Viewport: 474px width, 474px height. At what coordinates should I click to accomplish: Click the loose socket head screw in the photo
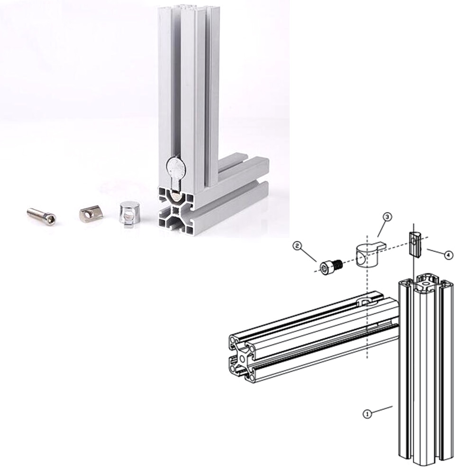(41, 216)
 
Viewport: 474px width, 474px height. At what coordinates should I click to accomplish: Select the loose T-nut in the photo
(91, 214)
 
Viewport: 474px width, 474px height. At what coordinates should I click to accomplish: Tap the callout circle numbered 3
(387, 217)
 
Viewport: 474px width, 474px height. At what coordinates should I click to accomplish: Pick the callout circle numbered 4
(448, 255)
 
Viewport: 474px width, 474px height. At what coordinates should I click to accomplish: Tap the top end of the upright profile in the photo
(189, 8)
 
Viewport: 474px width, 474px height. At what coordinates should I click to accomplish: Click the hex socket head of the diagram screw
(325, 268)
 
